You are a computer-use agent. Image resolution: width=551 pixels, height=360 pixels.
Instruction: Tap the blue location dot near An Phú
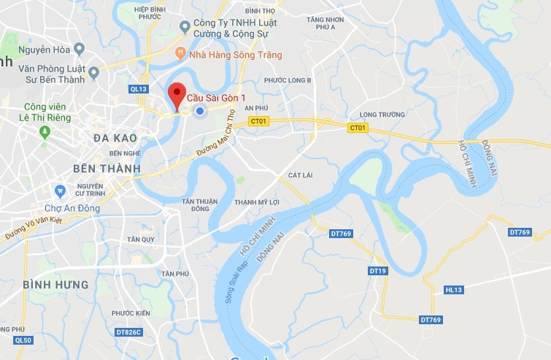(199, 111)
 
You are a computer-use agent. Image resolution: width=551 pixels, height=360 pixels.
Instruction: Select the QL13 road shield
(138, 89)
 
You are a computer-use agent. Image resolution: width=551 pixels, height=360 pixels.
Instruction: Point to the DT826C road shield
(128, 332)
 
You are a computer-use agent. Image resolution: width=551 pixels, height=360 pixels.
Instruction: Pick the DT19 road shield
(377, 271)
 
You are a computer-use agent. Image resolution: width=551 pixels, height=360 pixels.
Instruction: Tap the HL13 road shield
(453, 290)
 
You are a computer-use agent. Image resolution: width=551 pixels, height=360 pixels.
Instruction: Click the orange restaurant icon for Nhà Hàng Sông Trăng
(180, 53)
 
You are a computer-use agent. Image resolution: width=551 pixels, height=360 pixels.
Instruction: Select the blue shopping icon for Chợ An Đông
(60, 191)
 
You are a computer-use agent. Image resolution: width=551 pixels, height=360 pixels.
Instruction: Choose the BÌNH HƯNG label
(55, 284)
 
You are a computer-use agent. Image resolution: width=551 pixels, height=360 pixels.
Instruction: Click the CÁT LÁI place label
(301, 176)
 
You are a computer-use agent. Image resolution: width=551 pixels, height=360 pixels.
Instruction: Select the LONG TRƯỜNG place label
(382, 115)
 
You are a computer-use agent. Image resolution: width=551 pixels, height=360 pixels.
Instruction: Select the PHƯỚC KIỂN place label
(131, 313)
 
